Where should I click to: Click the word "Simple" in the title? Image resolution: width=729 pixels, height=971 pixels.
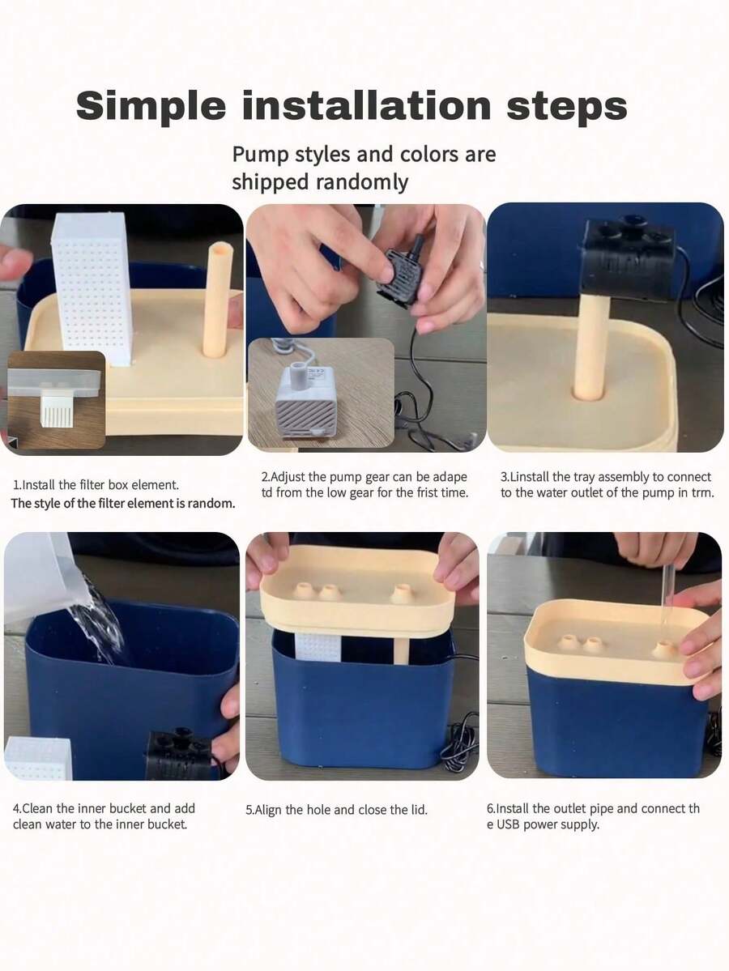tap(151, 106)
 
